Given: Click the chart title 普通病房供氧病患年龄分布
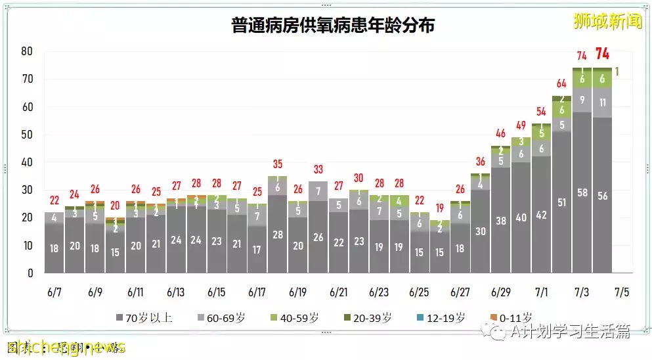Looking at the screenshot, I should [333, 26].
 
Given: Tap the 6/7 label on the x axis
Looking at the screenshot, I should [54, 292].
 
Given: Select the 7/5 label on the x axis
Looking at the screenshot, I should [621, 292].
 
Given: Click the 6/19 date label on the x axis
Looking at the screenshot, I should [297, 292].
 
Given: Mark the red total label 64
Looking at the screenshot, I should [561, 83].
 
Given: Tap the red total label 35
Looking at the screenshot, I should [277, 164].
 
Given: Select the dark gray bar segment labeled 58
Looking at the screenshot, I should [582, 192].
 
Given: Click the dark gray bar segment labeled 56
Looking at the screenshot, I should [602, 195].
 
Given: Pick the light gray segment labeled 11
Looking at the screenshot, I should [602, 102].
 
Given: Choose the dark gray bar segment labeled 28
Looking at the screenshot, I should [277, 235].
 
